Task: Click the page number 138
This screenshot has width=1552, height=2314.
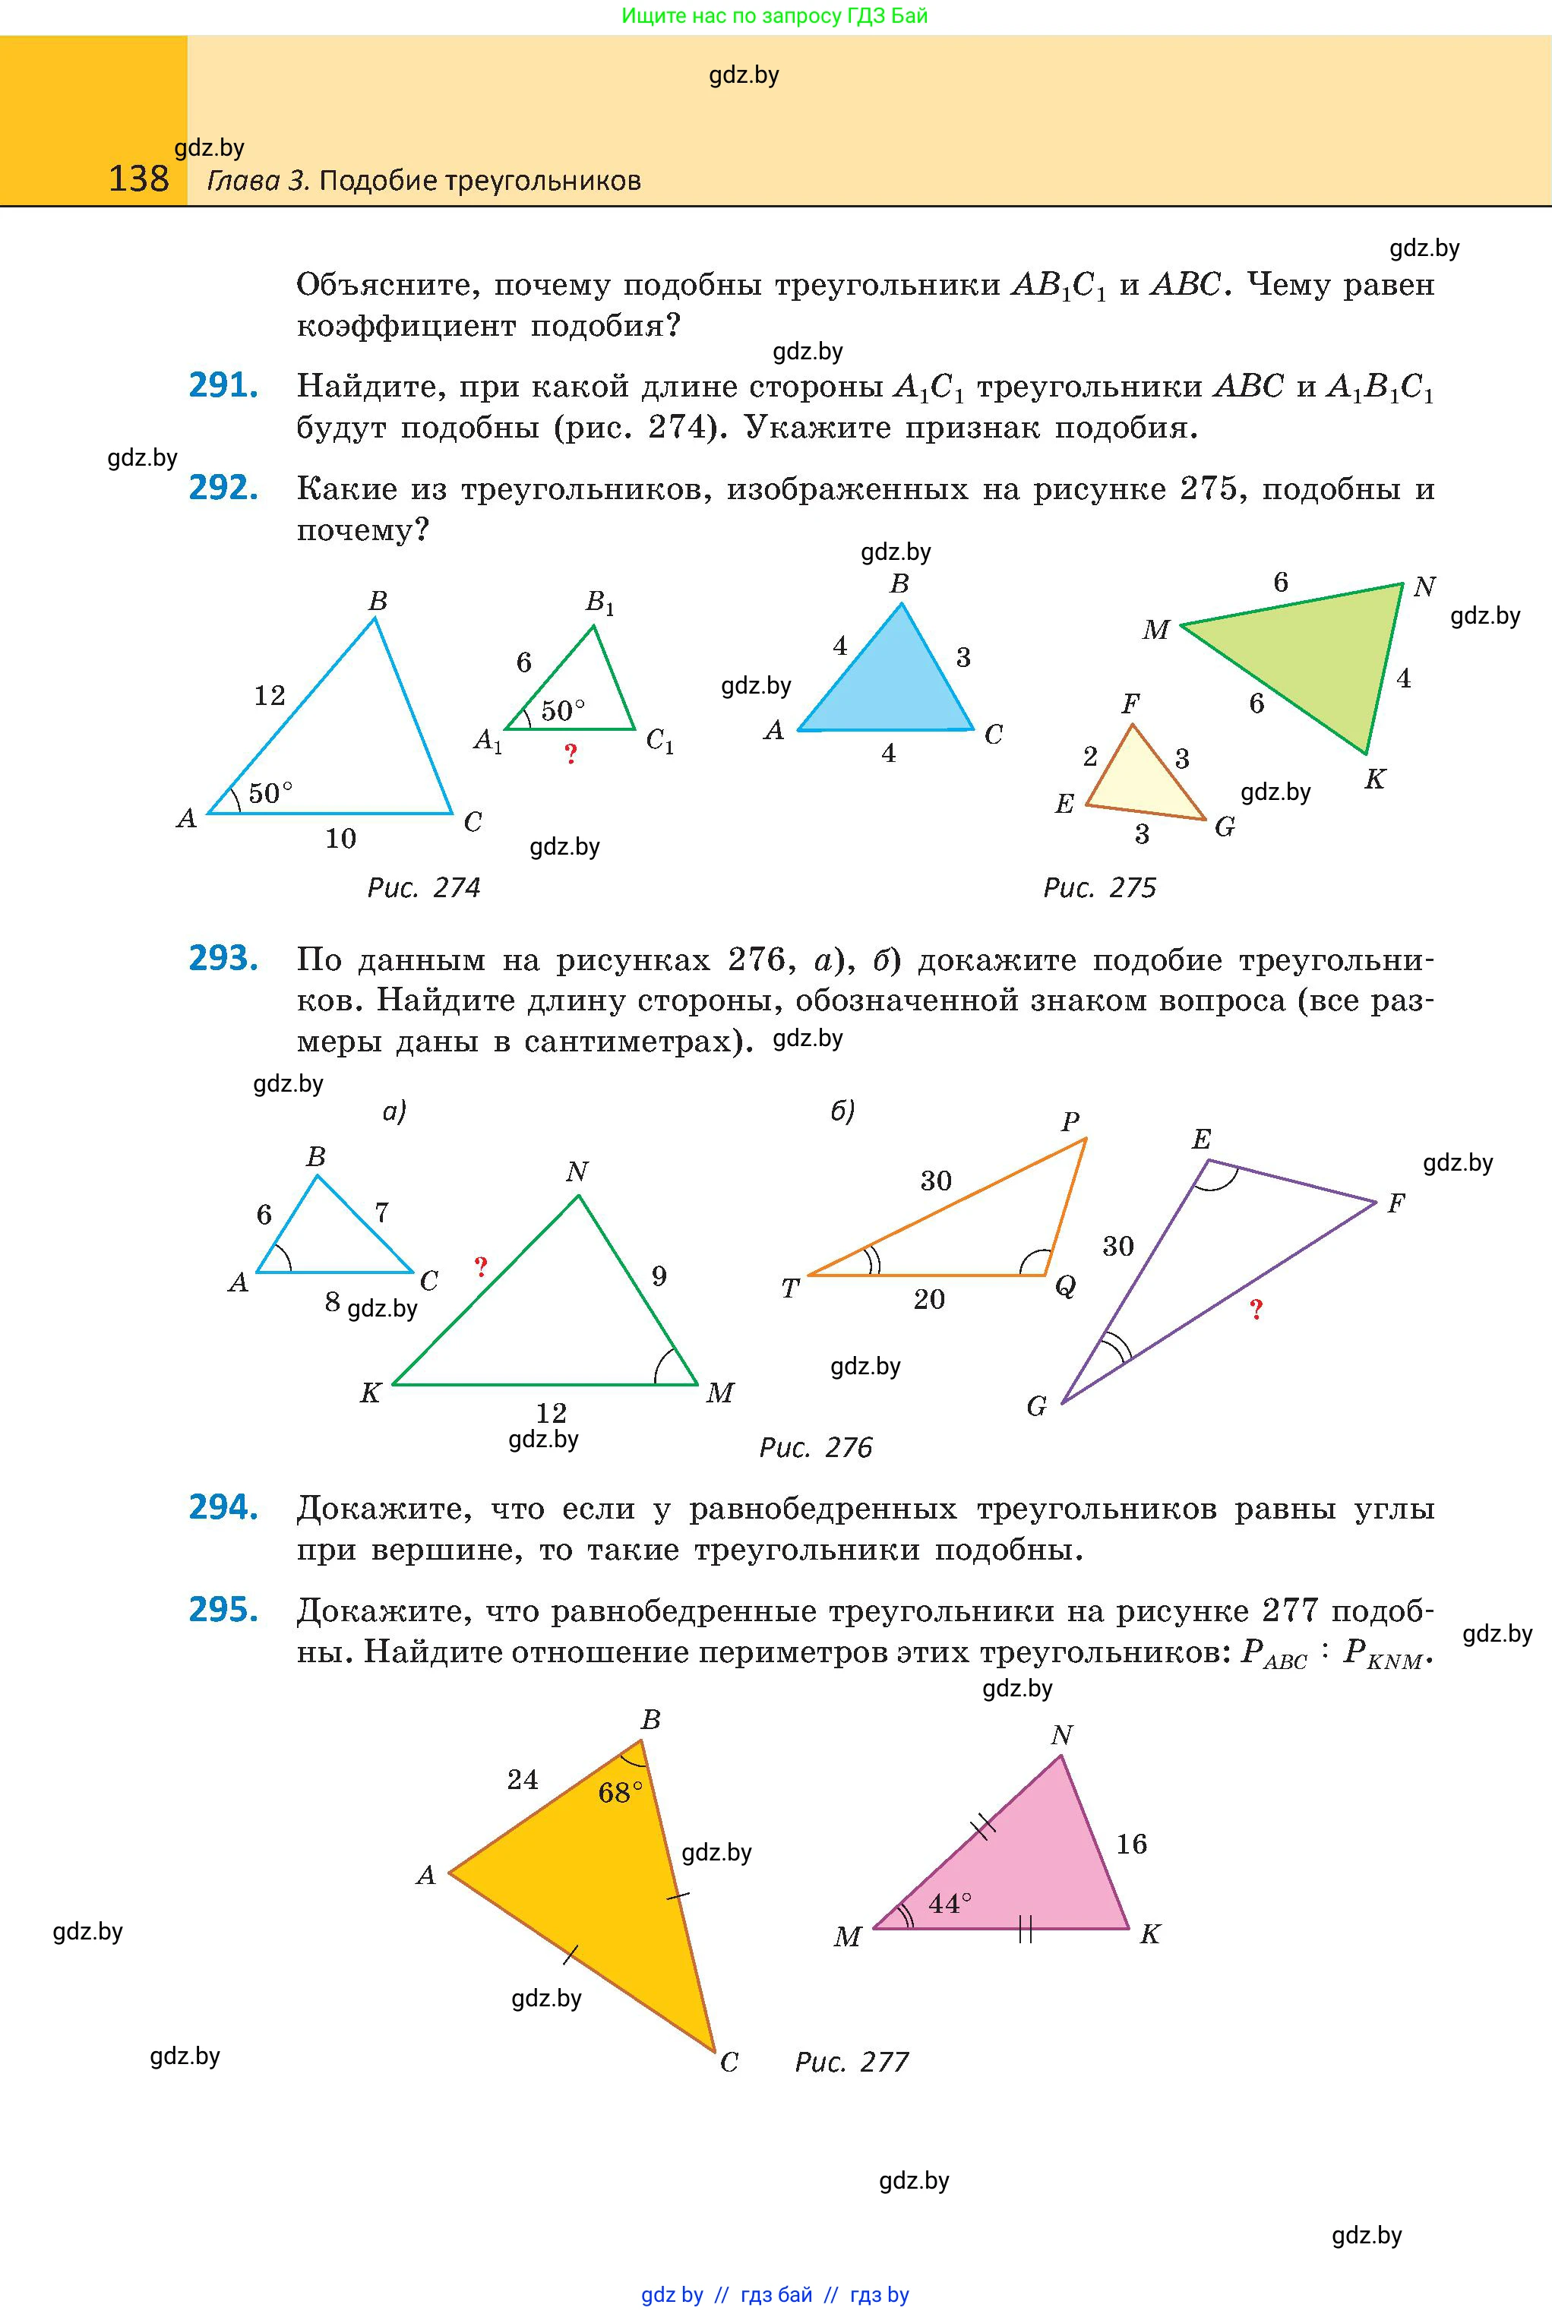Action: point(138,179)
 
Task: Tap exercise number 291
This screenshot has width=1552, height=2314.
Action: point(223,385)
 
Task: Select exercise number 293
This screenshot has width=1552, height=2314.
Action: point(223,958)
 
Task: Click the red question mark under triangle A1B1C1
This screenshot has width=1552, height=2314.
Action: point(570,755)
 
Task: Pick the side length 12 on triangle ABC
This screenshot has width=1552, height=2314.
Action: point(269,696)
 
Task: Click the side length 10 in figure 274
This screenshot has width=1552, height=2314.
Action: point(340,838)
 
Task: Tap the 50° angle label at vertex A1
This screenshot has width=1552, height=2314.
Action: point(562,710)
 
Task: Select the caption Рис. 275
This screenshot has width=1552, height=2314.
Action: point(1100,888)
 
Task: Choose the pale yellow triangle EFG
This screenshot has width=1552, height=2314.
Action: point(1140,782)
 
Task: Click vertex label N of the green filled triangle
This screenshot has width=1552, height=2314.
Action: point(1424,587)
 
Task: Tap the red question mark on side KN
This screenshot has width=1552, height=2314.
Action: point(481,1266)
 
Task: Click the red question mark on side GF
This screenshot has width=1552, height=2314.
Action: point(1256,1310)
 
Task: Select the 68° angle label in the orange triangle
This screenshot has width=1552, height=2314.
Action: point(620,1792)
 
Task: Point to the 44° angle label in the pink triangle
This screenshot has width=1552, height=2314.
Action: point(950,1902)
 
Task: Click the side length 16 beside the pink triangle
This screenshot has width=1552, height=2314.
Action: point(1131,1843)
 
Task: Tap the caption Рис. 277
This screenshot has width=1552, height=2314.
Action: point(852,2062)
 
